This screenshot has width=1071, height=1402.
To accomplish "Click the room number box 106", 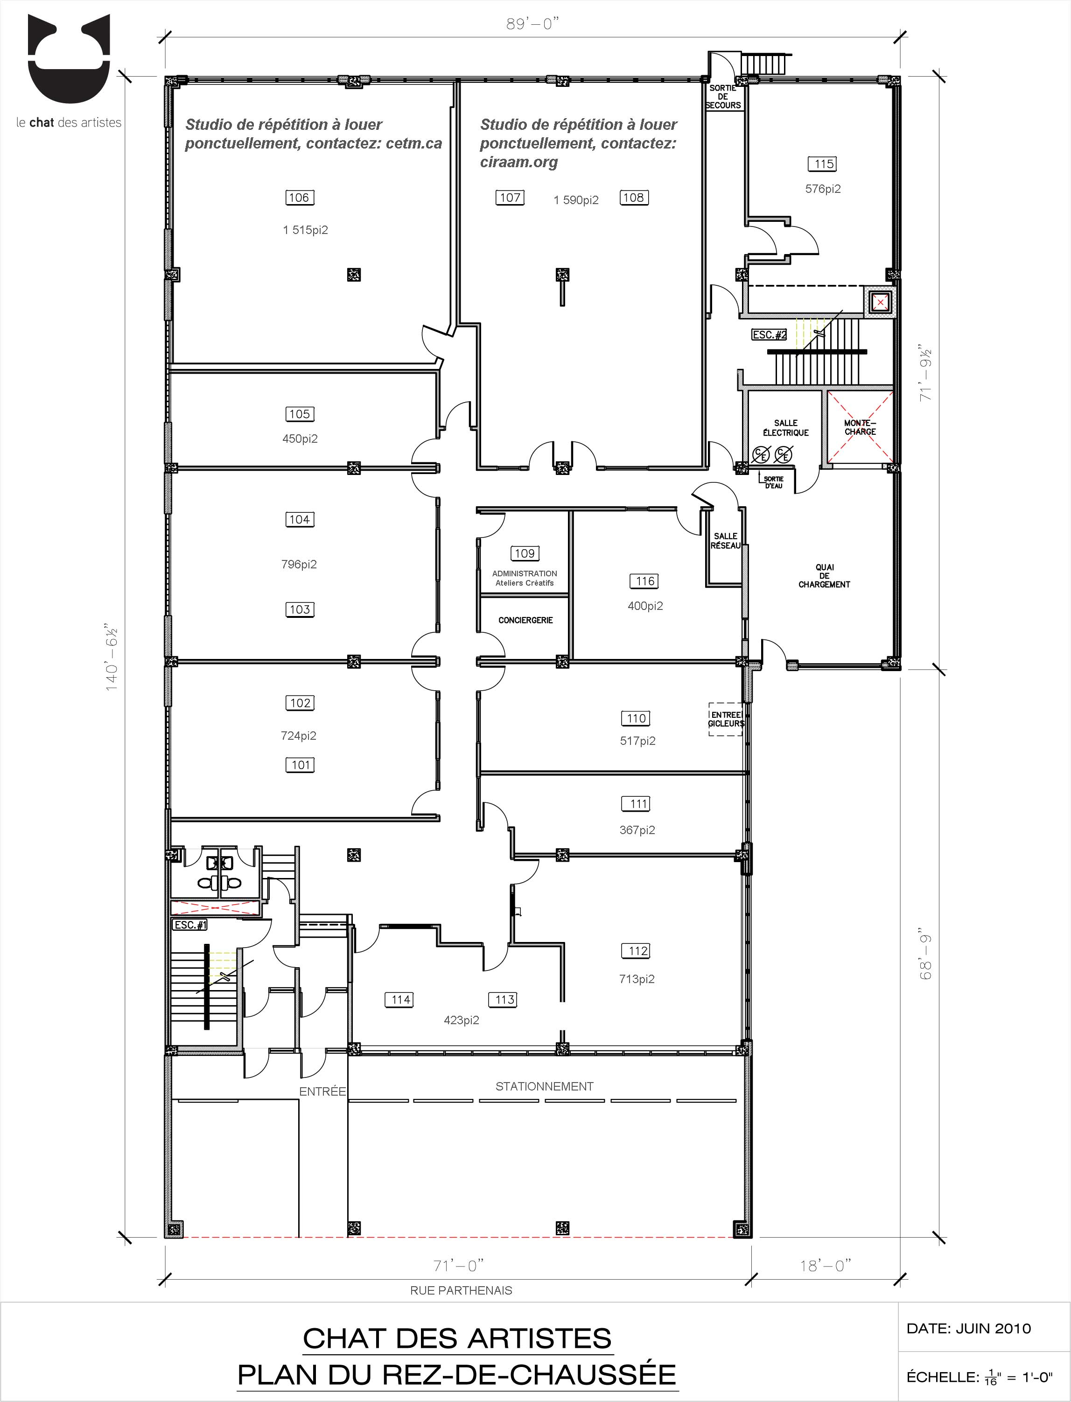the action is [299, 198].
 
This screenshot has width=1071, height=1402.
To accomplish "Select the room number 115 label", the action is [823, 164].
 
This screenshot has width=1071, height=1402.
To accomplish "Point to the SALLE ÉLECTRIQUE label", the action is [785, 427].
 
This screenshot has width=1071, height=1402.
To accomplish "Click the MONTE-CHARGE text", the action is [860, 427].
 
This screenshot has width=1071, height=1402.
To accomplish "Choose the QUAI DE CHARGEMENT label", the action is [824, 575].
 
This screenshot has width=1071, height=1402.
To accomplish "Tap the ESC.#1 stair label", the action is [190, 925].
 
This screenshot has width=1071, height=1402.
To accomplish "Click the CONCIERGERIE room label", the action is [525, 620].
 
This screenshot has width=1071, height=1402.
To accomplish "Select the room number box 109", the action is [525, 554].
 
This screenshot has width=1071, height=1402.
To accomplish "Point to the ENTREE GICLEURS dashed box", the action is [726, 720].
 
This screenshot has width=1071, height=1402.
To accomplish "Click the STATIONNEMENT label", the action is [545, 1086].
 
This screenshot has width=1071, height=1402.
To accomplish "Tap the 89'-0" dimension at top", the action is [532, 24].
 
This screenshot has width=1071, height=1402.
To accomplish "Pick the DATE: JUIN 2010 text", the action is [968, 1329].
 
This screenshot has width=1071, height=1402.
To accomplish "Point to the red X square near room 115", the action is [880, 302].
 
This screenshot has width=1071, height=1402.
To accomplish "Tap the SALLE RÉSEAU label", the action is [726, 541].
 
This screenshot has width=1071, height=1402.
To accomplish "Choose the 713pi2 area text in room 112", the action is [637, 979].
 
